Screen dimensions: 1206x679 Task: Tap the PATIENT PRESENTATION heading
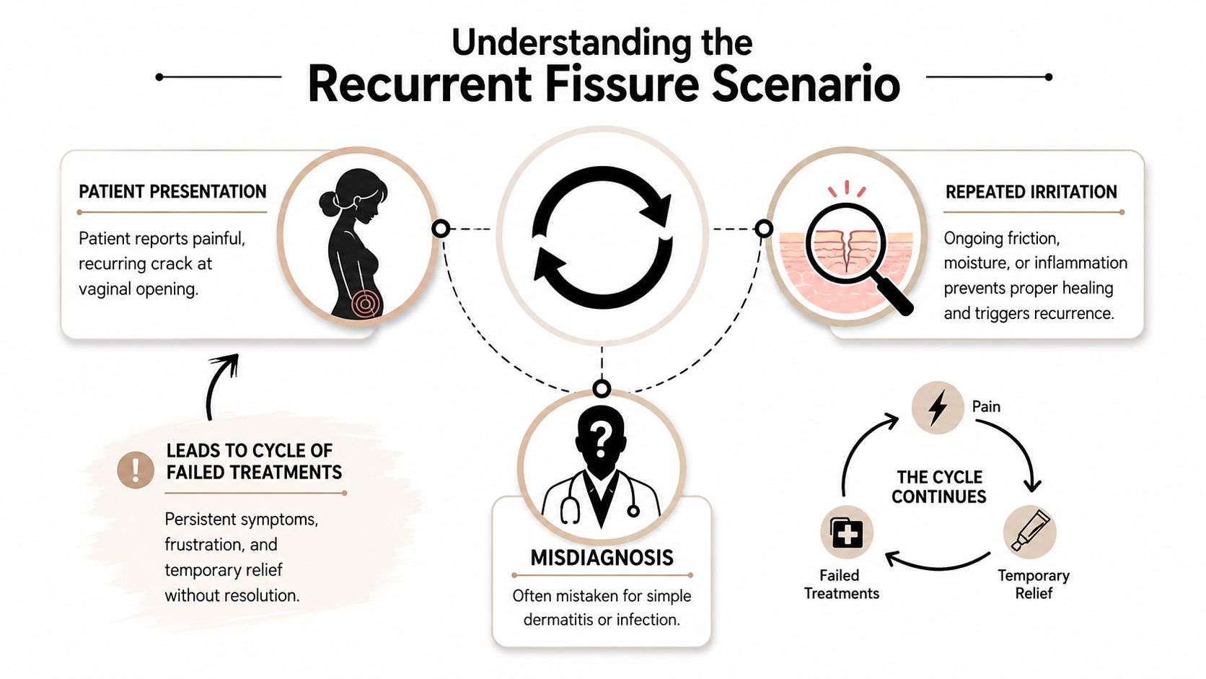(172, 192)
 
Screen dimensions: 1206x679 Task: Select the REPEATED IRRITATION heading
(1031, 192)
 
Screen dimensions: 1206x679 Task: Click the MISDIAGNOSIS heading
(602, 557)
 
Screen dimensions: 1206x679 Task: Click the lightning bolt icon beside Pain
(938, 408)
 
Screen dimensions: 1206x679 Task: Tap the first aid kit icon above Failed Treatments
(847, 533)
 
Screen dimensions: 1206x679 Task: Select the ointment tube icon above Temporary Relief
(1030, 531)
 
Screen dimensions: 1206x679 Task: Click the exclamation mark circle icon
(135, 470)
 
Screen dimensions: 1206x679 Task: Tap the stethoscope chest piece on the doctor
(633, 510)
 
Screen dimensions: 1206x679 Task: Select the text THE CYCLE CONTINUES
(939, 487)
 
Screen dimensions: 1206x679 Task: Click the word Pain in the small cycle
(986, 406)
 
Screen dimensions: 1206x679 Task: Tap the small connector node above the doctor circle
(602, 388)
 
